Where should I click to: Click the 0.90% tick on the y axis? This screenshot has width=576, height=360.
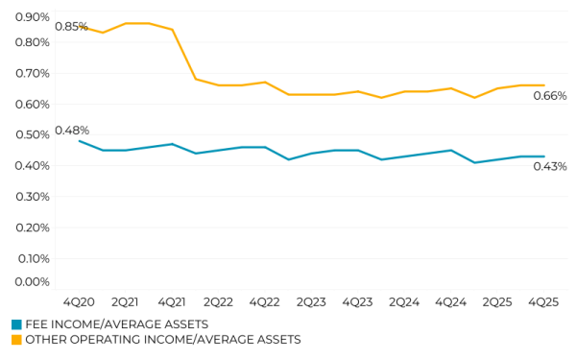click(33, 16)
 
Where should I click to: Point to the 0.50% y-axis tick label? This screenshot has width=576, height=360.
click(33, 134)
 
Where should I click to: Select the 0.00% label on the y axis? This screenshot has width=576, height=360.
click(33, 281)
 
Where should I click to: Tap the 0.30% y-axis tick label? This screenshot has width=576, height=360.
click(33, 196)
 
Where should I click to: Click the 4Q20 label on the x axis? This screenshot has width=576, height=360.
click(79, 301)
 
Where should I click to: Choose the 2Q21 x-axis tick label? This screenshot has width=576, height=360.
click(125, 301)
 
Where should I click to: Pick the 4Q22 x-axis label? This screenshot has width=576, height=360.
click(264, 301)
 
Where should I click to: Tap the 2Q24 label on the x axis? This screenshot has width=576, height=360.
click(403, 301)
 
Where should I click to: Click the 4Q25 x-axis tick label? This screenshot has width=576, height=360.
click(543, 301)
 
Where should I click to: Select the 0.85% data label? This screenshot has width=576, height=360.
click(71, 26)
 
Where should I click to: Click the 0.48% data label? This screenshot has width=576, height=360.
click(72, 130)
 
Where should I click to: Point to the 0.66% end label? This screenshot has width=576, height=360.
click(550, 95)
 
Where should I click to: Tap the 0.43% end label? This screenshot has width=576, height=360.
click(550, 166)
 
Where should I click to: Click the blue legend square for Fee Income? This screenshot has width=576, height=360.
click(16, 324)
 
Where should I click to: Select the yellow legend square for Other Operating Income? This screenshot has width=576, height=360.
click(16, 339)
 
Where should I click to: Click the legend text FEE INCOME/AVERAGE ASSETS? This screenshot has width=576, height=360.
click(116, 324)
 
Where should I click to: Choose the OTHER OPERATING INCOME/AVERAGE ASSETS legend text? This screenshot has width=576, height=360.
click(162, 339)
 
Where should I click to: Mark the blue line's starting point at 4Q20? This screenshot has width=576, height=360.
click(79, 141)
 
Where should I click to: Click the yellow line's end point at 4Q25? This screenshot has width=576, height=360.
click(544, 85)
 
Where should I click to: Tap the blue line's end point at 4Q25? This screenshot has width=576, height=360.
click(544, 156)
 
